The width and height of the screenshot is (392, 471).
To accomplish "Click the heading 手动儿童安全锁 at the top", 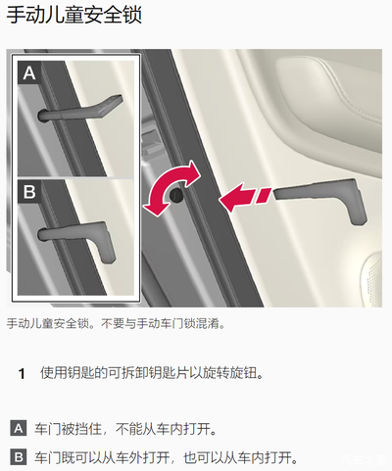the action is [74, 15].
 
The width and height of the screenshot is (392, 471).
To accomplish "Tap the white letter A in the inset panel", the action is [29, 72].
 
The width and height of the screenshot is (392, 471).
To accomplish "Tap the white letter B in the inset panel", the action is [29, 192].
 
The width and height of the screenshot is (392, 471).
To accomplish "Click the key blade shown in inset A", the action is [80, 109].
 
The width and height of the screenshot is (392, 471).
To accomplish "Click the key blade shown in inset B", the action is [77, 238].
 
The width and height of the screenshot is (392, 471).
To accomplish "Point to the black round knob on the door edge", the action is [176, 195].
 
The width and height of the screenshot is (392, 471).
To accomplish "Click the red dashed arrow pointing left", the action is [245, 197].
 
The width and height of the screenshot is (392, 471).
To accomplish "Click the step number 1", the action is [22, 374].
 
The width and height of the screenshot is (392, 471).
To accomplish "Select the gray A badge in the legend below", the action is [19, 428].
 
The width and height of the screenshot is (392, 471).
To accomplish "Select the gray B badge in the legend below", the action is [19, 457].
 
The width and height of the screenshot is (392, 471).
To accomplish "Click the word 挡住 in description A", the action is [88, 429].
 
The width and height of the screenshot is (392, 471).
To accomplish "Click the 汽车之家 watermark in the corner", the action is [365, 461].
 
